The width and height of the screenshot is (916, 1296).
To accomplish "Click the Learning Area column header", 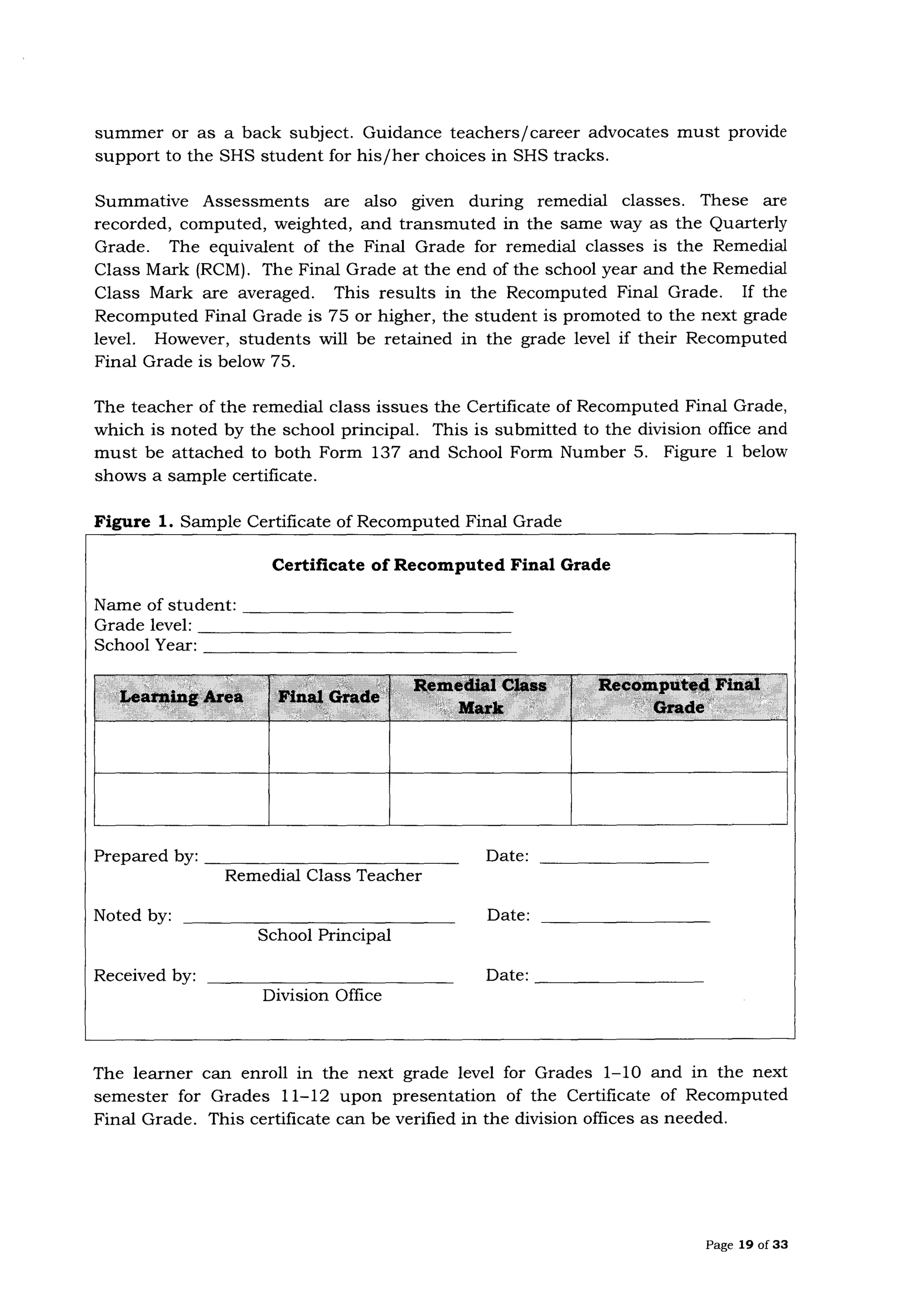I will coord(181,697).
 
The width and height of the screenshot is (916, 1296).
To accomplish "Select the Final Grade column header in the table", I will coord(329,697).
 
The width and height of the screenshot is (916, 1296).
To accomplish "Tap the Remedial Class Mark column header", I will coord(480,697).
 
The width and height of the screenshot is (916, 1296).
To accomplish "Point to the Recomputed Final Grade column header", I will coord(679,697).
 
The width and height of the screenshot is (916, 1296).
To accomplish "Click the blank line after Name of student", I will coord(381,610).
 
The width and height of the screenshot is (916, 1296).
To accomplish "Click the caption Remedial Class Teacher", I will coord(323,875).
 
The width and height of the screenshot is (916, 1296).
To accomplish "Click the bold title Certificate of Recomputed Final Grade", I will coord(441,565).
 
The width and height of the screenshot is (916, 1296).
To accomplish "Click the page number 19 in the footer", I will coord(746,1245).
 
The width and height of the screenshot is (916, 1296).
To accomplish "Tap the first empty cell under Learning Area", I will coord(181,747).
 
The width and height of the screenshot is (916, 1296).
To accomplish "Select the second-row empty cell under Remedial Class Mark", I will coord(480,799).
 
